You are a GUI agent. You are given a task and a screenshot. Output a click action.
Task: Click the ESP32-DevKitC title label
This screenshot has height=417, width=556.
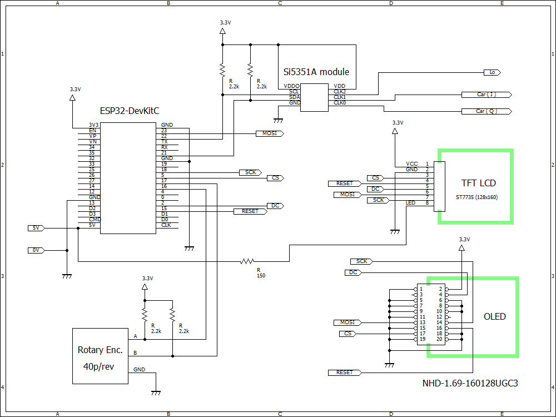tap(129, 111)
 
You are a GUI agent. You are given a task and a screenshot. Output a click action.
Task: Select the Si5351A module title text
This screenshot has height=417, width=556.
tap(316, 72)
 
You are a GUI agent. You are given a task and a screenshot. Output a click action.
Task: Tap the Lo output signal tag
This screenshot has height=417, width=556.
tap(492, 72)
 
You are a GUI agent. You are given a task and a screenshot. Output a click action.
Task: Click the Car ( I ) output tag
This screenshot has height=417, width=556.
tap(486, 95)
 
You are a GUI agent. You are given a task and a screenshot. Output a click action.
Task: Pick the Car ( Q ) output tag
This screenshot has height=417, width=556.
tap(486, 111)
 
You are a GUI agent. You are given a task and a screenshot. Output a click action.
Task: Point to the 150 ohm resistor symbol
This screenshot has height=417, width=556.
tap(247, 261)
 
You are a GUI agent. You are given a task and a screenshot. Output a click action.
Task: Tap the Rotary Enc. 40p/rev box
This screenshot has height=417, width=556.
tap(100, 356)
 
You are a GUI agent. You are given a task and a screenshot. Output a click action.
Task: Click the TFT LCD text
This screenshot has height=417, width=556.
tap(478, 183)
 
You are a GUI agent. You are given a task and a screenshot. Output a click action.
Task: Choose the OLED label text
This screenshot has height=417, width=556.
tap(494, 316)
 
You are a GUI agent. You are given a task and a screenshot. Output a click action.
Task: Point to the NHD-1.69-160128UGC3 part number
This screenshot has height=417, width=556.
tap(470, 383)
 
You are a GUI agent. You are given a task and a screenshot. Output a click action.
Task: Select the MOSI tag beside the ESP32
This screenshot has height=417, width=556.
tap(269, 133)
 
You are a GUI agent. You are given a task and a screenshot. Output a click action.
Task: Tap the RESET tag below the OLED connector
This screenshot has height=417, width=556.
tap(345, 372)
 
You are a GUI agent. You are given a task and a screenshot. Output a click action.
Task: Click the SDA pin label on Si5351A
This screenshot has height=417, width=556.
tap(294, 97)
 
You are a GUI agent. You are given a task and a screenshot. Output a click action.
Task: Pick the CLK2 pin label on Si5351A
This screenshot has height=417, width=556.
tap(339, 91)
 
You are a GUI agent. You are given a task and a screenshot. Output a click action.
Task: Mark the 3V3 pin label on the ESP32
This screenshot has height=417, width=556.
tap(94, 125)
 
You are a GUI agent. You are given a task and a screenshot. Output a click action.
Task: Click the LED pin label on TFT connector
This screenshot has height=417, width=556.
tap(410, 203)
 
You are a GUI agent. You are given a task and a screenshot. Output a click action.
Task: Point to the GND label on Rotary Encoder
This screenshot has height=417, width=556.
tap(139, 369)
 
